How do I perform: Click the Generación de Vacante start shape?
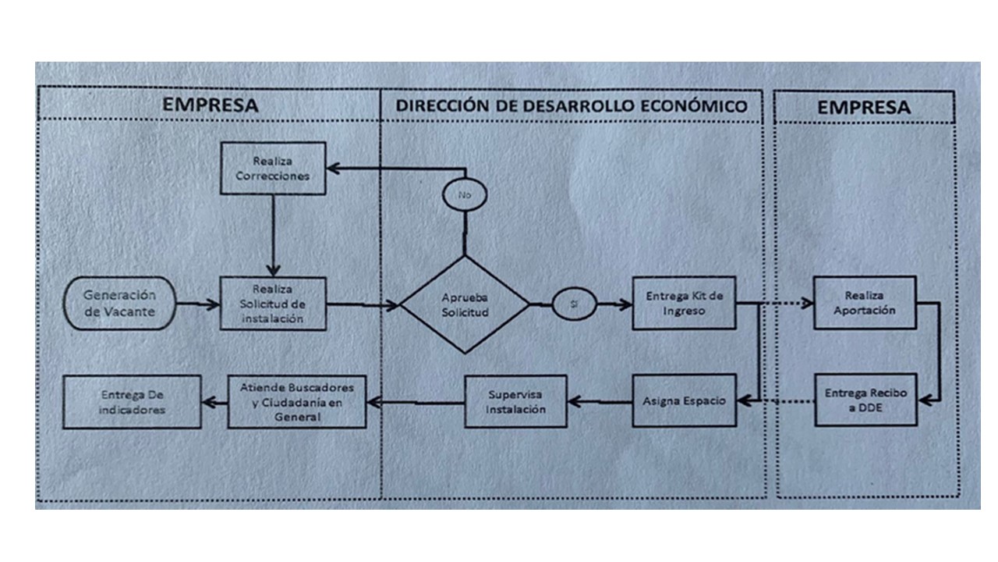[120, 303]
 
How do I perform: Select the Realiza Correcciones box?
[273, 168]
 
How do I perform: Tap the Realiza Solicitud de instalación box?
[273, 303]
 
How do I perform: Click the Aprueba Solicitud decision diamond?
[465, 304]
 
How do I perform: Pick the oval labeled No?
[465, 194]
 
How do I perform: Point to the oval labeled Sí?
[575, 304]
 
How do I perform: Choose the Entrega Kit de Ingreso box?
[684, 303]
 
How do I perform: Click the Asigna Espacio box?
[684, 400]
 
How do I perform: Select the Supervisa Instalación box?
[516, 402]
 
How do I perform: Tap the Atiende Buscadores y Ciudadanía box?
[297, 401]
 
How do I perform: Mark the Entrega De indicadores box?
[132, 401]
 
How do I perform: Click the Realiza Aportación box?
[865, 302]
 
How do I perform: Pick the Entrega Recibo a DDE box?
[865, 400]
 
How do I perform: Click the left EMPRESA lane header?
[209, 105]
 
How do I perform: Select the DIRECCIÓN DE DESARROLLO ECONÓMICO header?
[572, 105]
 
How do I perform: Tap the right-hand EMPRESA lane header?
[864, 107]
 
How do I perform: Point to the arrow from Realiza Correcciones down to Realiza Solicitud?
[273, 234]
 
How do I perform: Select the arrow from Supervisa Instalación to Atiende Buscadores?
[416, 403]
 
